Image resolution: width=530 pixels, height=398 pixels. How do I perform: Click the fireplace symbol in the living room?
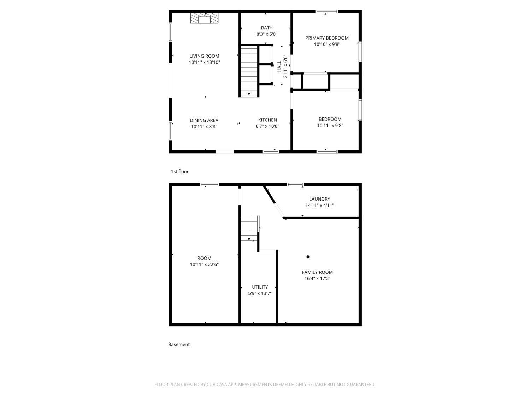[204, 18]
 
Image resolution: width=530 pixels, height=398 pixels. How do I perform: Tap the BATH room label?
[267, 28]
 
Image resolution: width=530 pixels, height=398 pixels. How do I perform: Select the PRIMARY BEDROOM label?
[327, 38]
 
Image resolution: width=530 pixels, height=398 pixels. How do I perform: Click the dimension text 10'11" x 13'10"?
[204, 62]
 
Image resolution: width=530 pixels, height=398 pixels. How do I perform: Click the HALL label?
[279, 66]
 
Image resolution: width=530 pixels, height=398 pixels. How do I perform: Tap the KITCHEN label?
[267, 120]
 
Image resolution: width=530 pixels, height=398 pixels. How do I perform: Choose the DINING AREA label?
[204, 120]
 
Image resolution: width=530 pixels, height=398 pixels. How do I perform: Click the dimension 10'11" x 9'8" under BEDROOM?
[330, 125]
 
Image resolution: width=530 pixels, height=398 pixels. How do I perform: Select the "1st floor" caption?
[180, 172]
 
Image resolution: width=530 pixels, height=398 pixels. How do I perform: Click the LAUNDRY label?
[319, 199]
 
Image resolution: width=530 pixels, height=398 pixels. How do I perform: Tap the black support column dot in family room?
[308, 257]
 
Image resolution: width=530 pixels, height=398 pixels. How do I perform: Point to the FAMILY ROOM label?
[317, 272]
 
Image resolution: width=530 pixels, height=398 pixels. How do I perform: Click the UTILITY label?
[260, 287]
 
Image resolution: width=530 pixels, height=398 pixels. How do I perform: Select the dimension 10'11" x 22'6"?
[204, 264]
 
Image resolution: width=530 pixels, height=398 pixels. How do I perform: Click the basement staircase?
[249, 228]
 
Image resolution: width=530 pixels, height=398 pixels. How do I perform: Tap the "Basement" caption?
[179, 344]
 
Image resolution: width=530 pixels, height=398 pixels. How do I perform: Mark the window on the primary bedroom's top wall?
[326, 12]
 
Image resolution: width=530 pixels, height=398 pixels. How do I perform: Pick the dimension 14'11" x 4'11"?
[319, 205]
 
